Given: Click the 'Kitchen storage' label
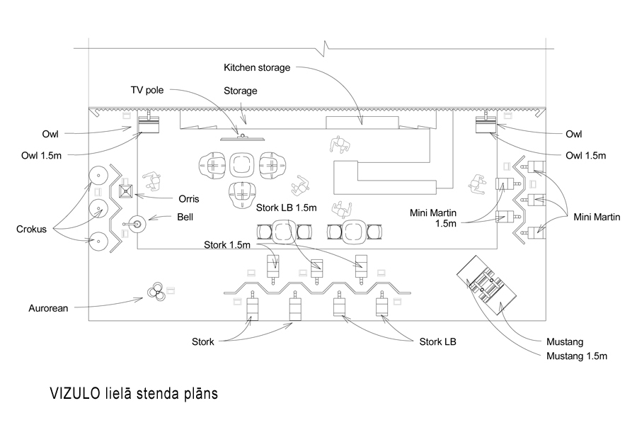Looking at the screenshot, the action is click(257, 67).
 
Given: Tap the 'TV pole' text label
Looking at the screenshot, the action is click(147, 90).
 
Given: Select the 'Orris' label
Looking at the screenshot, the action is click(189, 199).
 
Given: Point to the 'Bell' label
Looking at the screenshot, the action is click(185, 217).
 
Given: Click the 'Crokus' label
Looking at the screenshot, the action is click(31, 229).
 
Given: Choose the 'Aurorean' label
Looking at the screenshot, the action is click(48, 308).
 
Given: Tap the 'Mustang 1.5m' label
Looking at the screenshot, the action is click(576, 356).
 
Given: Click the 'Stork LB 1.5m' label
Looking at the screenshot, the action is click(286, 208).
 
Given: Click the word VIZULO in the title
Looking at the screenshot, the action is click(75, 394).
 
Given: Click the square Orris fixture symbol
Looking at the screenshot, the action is click(126, 191).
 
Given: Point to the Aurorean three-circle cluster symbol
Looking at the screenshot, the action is click(156, 291).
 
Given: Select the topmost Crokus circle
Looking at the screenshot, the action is click(98, 175).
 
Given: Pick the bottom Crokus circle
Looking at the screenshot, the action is click(98, 242).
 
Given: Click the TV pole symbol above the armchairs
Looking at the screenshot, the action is click(243, 138).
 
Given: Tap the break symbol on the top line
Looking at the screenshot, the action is click(325, 49).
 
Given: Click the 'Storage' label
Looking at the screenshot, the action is click(240, 91).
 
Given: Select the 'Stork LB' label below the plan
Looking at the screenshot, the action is click(437, 341).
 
